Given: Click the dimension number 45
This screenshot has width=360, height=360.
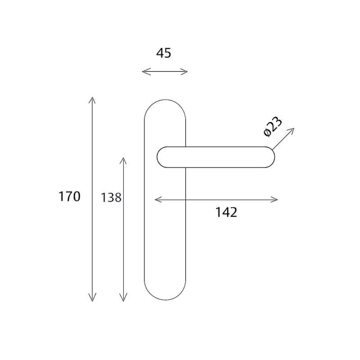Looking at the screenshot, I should pyautogui.click(x=164, y=53).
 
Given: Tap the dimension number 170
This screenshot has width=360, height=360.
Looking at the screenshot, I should pyautogui.click(x=69, y=197).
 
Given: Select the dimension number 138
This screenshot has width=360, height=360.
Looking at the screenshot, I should pyautogui.click(x=112, y=197).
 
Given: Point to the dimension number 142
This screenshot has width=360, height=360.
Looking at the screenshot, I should pyautogui.click(x=226, y=212).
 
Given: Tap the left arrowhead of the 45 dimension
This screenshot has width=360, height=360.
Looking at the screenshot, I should pyautogui.click(x=144, y=72).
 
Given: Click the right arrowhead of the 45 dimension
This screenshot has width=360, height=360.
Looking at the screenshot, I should pyautogui.click(x=185, y=72).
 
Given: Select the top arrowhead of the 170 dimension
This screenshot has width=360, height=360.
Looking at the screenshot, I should pyautogui.click(x=92, y=99).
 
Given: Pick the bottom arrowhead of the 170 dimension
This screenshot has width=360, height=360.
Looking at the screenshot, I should pyautogui.click(x=92, y=299).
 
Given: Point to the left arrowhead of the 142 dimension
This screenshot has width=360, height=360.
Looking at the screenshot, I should pyautogui.click(x=157, y=199).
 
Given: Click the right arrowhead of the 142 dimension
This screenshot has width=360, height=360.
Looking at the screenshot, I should pyautogui.click(x=275, y=199).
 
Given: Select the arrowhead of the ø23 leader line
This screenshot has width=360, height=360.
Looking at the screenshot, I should pyautogui.click(x=292, y=130).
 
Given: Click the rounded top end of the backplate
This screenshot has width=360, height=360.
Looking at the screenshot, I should pyautogui.click(x=165, y=100).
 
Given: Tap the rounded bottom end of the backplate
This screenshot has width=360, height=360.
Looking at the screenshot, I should pyautogui.click(x=165, y=299).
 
